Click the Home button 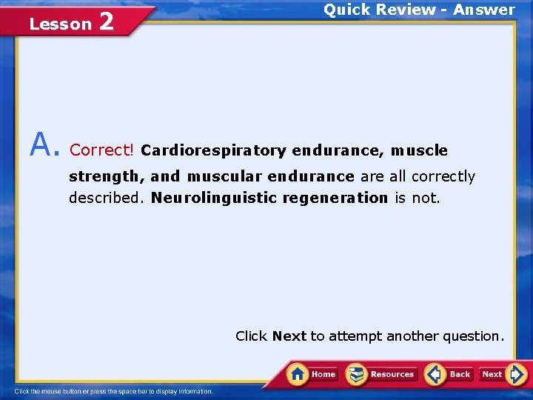313,374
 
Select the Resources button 381,374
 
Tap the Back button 449,374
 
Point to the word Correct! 101,150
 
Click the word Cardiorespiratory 213,150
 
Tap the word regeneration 343,198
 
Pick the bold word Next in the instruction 289,336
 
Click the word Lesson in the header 60,24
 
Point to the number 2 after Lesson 106,22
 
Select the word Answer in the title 484,10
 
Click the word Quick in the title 345,10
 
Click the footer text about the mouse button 114,391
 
